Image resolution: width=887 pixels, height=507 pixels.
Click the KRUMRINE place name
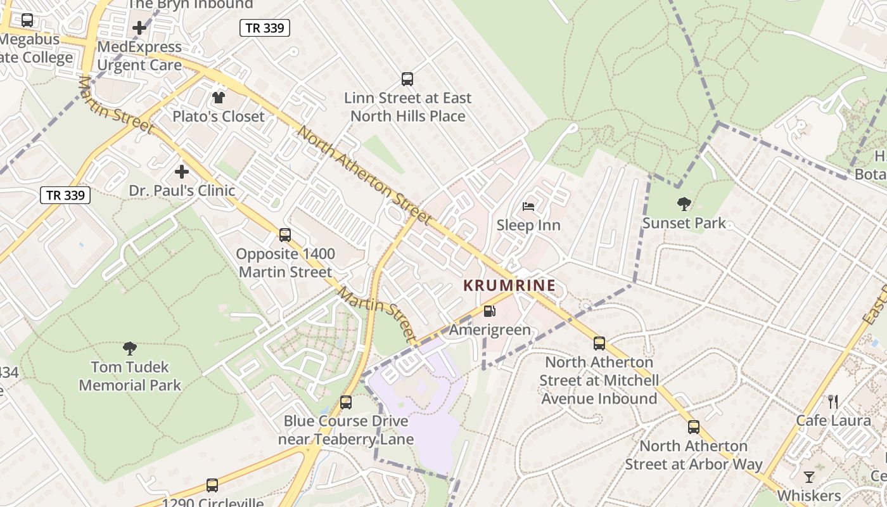(509, 285)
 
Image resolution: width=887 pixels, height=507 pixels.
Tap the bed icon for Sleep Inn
(528, 206)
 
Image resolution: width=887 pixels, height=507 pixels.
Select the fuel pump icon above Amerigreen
(489, 311)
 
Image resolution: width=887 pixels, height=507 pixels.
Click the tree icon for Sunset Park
(684, 204)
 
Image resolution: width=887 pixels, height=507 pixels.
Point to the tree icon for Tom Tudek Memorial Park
(130, 348)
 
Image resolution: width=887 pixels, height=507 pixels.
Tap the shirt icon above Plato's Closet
(219, 98)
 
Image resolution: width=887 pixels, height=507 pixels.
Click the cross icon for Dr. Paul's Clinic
(182, 172)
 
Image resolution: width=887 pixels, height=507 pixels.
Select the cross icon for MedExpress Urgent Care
(139, 28)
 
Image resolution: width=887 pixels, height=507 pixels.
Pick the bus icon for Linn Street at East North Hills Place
(407, 79)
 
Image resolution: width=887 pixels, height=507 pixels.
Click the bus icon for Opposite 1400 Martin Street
(285, 235)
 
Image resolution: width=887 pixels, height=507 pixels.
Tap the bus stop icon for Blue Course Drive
(346, 402)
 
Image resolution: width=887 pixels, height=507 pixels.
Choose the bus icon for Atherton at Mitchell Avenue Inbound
(599, 343)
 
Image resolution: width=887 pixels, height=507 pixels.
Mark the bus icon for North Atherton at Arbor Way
(694, 427)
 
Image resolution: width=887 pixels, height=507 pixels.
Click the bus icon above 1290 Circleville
(212, 485)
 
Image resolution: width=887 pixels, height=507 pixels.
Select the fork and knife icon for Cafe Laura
(833, 402)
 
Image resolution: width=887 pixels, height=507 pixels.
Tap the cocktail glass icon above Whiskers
(809, 477)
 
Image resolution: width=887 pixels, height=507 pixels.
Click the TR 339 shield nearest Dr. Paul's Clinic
(66, 195)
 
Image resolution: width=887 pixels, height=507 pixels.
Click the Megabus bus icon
(27, 20)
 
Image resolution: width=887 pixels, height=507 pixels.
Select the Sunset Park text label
(684, 224)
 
